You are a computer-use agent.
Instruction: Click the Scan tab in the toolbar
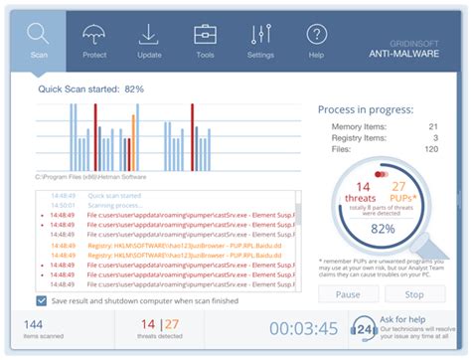click(39, 40)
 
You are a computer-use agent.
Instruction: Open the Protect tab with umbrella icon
click(94, 40)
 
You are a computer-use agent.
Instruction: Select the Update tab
click(149, 40)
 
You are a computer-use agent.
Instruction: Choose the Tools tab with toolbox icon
click(205, 40)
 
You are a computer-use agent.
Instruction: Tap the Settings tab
click(260, 40)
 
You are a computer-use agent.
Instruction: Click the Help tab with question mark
click(316, 40)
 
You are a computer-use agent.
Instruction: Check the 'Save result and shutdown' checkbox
click(41, 300)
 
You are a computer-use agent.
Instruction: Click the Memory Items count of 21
click(431, 127)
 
